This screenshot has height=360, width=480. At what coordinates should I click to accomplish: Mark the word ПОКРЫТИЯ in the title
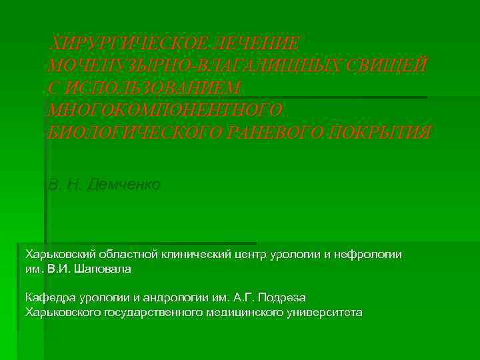[387, 132]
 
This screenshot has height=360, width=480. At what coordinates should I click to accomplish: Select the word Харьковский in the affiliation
[60, 255]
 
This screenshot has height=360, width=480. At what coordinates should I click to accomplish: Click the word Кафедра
[49, 297]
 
